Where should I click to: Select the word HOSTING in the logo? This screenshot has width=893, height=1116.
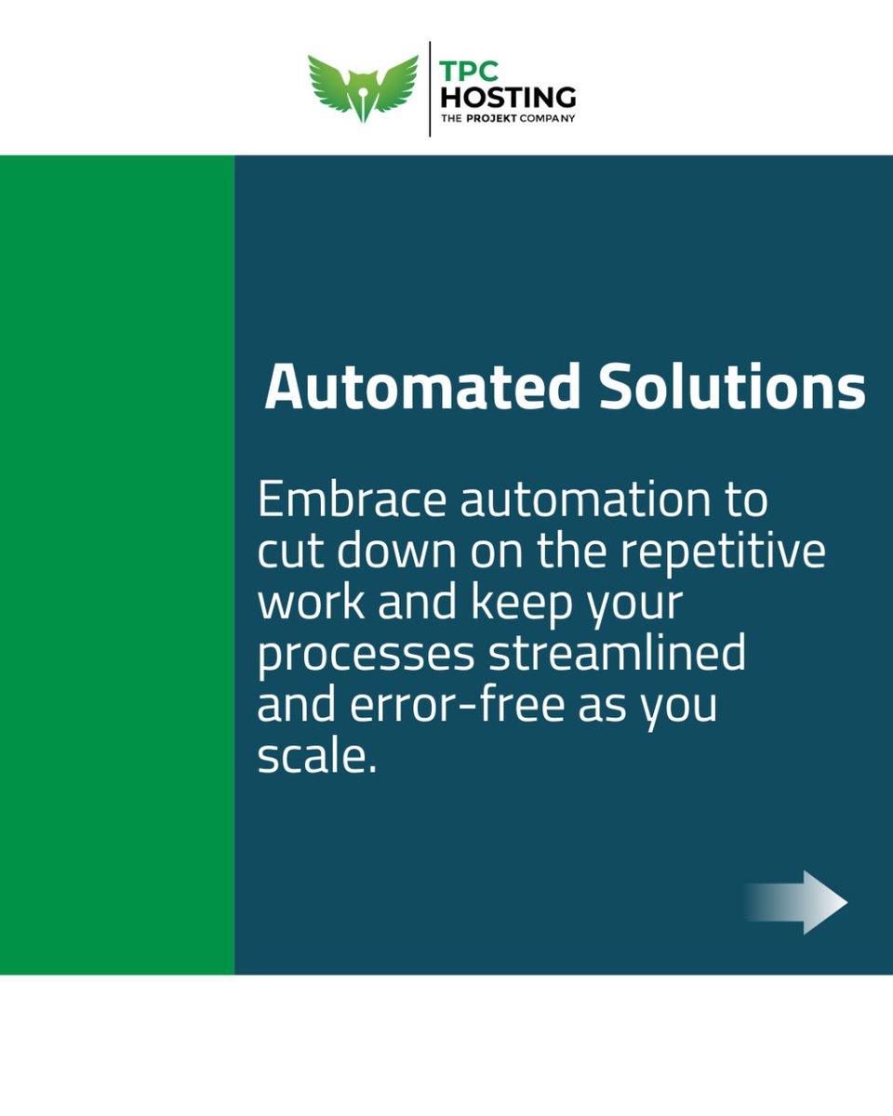pyautogui.click(x=507, y=95)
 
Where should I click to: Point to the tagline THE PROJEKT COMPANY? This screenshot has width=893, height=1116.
pyautogui.click(x=507, y=118)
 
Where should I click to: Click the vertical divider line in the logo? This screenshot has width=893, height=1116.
pyautogui.click(x=430, y=88)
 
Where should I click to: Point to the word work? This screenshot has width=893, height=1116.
pyautogui.click(x=311, y=603)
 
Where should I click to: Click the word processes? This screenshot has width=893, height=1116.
pyautogui.click(x=366, y=655)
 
